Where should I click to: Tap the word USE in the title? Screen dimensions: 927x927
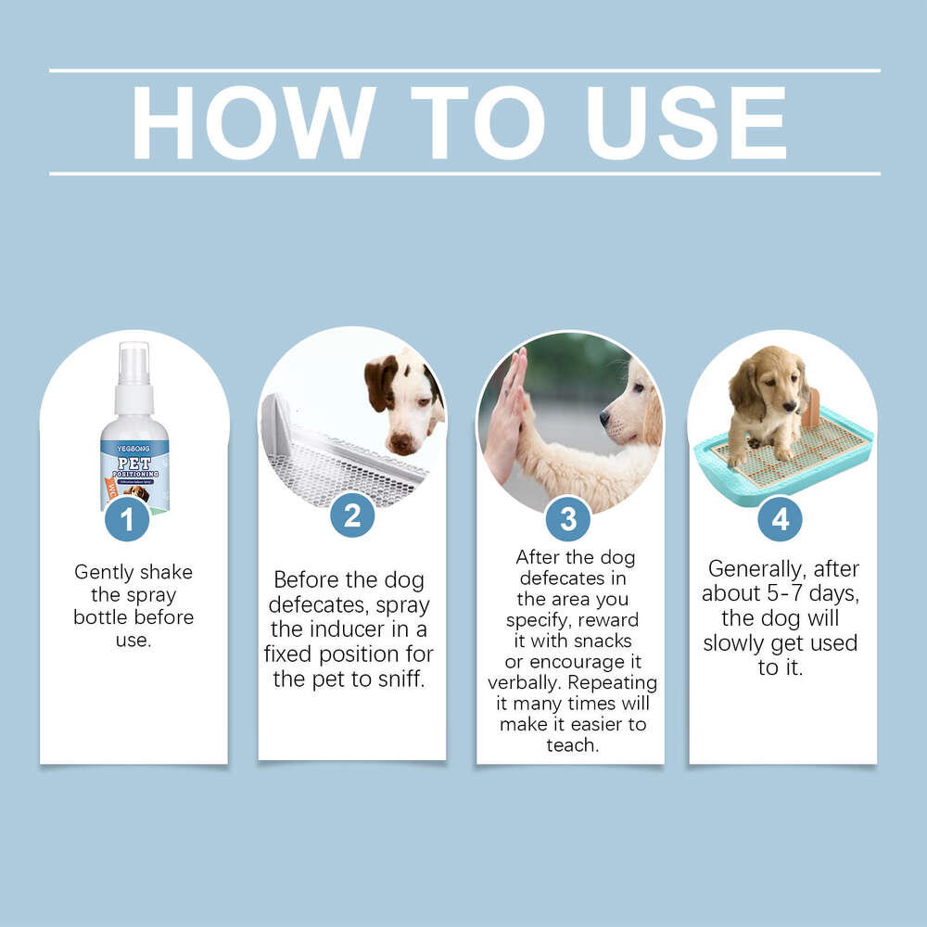point(687,122)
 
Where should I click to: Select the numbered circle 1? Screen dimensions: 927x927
point(128,519)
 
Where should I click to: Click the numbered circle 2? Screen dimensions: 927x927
point(352,515)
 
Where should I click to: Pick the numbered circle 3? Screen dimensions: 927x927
point(568,519)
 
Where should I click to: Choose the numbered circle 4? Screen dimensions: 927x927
point(780,519)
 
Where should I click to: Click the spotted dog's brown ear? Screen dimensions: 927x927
point(379,380)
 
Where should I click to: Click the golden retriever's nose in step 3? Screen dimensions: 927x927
point(604,418)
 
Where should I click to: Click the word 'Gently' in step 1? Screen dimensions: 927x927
point(105,572)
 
